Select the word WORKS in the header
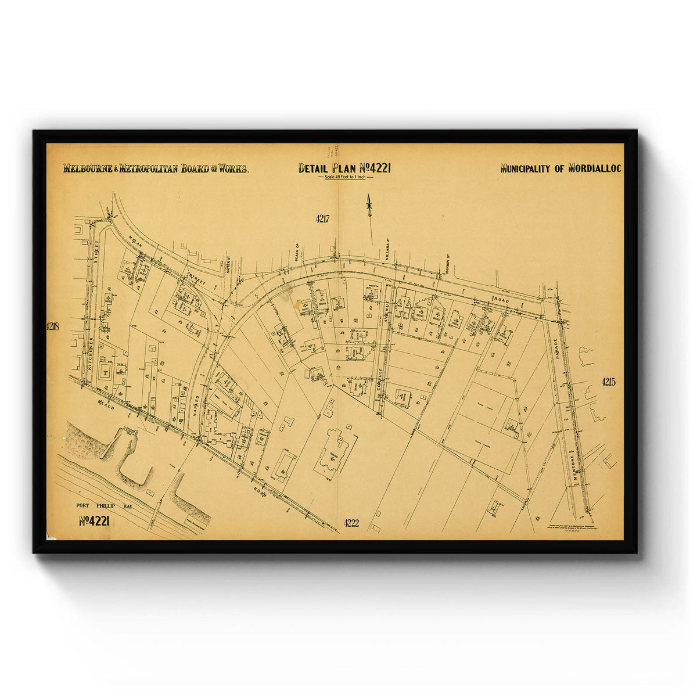(x=233, y=170)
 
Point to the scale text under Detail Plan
(x=345, y=177)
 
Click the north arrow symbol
(x=368, y=206)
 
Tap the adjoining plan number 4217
(x=323, y=219)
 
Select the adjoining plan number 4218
(x=53, y=326)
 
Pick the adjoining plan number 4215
(x=608, y=382)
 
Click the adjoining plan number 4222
(x=351, y=523)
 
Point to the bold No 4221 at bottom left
(x=94, y=521)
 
